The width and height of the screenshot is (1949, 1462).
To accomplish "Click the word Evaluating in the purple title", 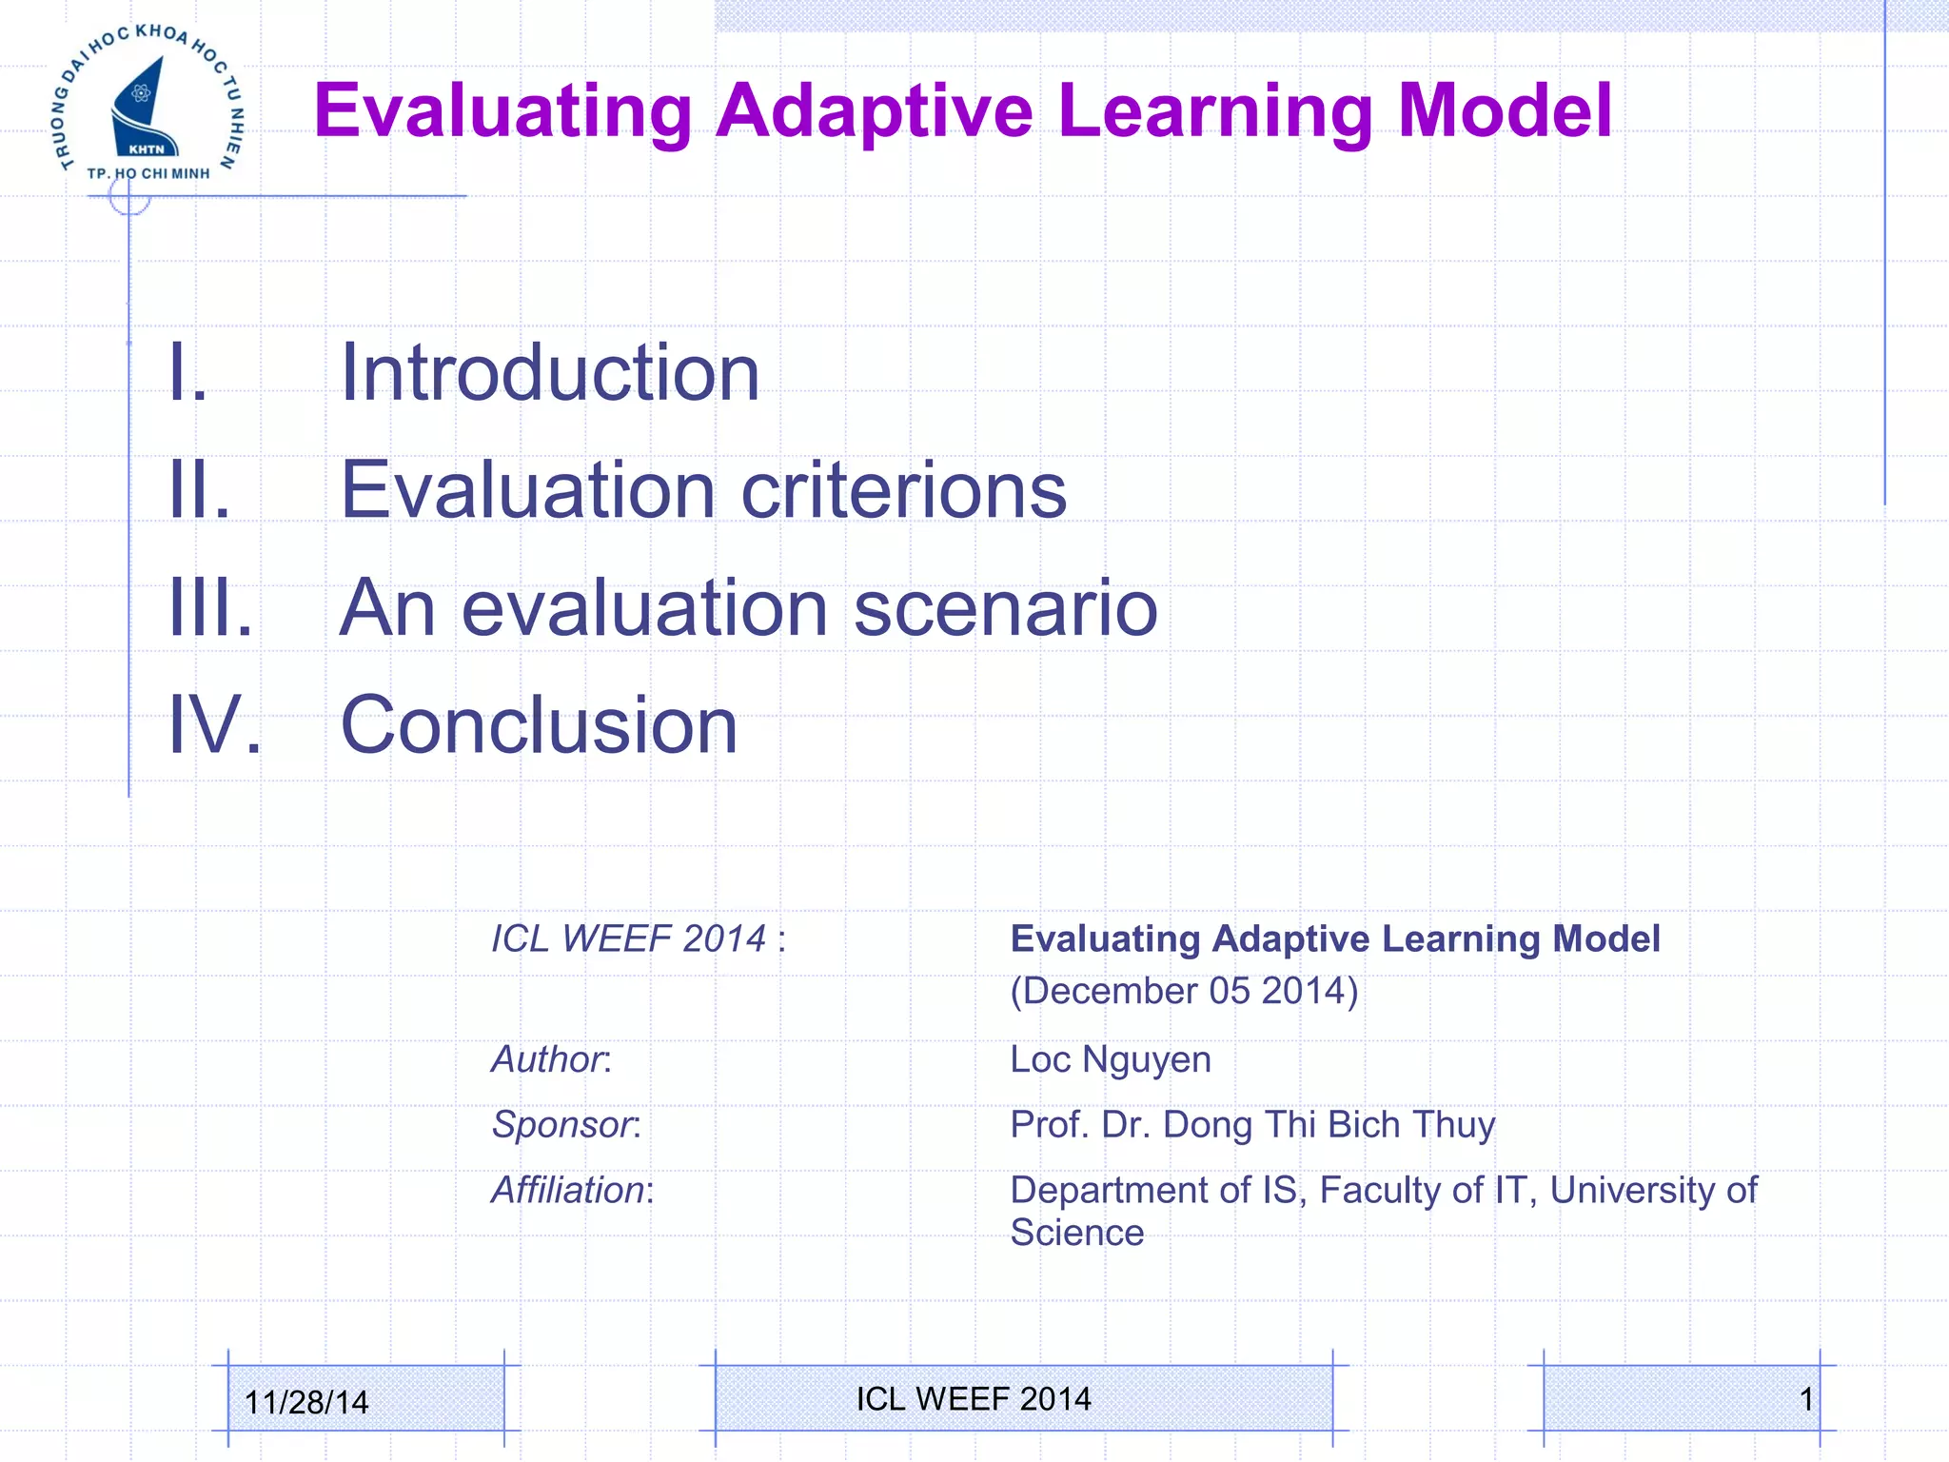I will click(502, 112).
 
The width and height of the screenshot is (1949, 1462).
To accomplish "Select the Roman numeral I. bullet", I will click(187, 372).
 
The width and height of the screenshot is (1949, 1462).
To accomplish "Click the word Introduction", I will click(549, 372).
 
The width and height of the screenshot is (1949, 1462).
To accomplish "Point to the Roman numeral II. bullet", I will click(199, 489).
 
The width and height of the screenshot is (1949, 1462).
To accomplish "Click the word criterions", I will click(903, 489).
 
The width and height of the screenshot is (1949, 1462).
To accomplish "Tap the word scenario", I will click(1005, 609).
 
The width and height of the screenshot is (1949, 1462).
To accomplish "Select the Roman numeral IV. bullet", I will click(214, 725).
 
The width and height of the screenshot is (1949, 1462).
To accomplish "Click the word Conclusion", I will click(539, 725).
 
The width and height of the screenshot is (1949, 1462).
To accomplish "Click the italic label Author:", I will click(551, 1059).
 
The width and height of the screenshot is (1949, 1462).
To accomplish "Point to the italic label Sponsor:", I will click(566, 1125).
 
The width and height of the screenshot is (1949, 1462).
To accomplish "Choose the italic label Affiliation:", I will click(572, 1191).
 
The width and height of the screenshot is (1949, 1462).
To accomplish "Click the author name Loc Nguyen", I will click(1110, 1059).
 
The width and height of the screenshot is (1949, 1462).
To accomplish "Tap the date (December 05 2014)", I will click(1184, 991).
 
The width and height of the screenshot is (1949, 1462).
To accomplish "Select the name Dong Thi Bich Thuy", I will click(1329, 1125).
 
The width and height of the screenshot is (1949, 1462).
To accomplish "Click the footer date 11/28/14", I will click(305, 1402).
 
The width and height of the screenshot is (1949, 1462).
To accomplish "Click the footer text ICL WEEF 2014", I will click(974, 1398).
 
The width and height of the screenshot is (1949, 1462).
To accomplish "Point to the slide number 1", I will click(1805, 1399).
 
